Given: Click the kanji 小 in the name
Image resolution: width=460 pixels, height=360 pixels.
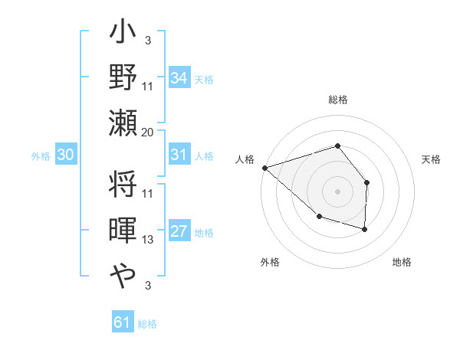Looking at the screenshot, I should click(123, 35).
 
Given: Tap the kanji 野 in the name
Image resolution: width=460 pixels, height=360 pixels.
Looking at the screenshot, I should click(123, 79).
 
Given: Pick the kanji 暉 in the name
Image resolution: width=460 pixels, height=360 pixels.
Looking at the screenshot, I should click(123, 231).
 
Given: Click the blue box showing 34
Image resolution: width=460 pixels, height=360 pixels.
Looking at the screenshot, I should click(179, 77).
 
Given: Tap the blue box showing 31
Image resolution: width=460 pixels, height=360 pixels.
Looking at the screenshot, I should click(179, 155).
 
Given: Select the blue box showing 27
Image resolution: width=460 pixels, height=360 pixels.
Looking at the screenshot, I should click(179, 231).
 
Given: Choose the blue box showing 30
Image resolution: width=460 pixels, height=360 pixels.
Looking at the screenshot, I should click(66, 155).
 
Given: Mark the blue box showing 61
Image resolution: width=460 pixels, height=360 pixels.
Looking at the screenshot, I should click(123, 322).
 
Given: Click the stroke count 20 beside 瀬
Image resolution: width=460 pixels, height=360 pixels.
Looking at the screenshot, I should click(148, 132).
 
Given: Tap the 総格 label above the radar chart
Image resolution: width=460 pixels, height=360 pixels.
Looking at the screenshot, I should click(337, 100).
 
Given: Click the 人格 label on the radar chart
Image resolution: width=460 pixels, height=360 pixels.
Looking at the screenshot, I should click(245, 159).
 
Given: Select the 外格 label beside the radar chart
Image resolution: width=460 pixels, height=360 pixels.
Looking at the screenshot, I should click(270, 262).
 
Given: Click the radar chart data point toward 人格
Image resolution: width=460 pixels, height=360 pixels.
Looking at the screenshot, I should click(264, 167).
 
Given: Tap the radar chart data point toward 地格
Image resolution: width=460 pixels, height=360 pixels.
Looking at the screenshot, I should click(365, 229).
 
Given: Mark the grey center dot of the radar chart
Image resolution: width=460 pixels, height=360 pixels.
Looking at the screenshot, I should click(337, 191).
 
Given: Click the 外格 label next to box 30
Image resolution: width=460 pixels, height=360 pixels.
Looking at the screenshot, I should click(41, 155).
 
